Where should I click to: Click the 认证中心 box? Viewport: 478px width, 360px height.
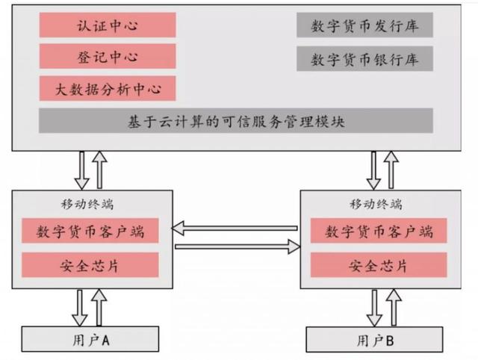pyautogui.click(x=108, y=25)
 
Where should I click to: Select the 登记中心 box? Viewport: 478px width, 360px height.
pyautogui.click(x=108, y=57)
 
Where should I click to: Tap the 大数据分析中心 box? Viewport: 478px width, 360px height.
pyautogui.click(x=108, y=88)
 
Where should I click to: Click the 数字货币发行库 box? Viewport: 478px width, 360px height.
pyautogui.click(x=365, y=25)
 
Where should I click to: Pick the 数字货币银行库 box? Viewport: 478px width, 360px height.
pyautogui.click(x=365, y=59)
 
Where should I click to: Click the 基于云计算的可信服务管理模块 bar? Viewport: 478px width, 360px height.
pyautogui.click(x=236, y=121)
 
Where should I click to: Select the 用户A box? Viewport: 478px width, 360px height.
pyautogui.click(x=90, y=339)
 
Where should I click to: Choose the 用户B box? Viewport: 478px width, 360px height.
pyautogui.click(x=375, y=340)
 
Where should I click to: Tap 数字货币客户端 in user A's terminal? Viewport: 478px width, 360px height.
pyautogui.click(x=90, y=231)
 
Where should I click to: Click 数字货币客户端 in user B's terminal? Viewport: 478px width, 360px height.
pyautogui.click(x=379, y=231)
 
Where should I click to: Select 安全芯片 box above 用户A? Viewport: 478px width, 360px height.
pyautogui.click(x=90, y=265)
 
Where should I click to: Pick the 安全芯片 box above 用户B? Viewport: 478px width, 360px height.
pyautogui.click(x=379, y=265)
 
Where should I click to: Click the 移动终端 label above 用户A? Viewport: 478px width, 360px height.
pyautogui.click(x=87, y=204)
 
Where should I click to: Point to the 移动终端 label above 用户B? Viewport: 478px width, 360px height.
pyautogui.click(x=376, y=204)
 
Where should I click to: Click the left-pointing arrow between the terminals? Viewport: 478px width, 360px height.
pyautogui.click(x=235, y=229)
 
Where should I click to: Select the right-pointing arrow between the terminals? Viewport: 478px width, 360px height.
pyautogui.click(x=238, y=246)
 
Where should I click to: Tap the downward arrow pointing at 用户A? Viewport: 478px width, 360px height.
pyautogui.click(x=80, y=308)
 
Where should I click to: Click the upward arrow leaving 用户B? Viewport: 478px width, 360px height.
pyautogui.click(x=394, y=307)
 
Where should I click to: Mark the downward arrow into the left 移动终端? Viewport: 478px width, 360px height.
pyautogui.click(x=81, y=170)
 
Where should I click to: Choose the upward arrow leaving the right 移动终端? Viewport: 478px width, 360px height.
pyautogui.click(x=391, y=170)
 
